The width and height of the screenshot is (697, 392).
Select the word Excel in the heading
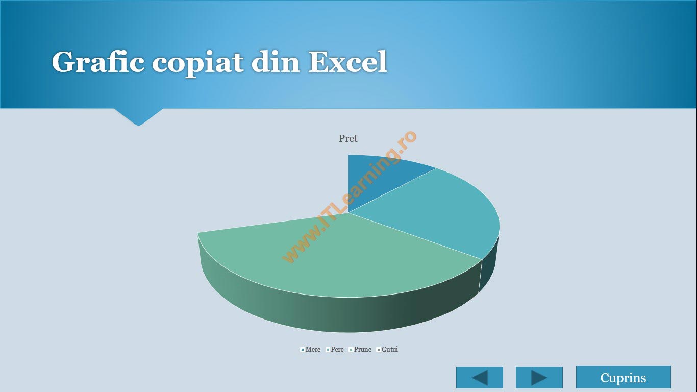pyautogui.click(x=348, y=62)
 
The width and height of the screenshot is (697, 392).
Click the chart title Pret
pyautogui.click(x=348, y=138)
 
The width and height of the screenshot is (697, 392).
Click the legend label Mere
pyautogui.click(x=313, y=349)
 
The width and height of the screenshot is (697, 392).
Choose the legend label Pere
pyautogui.click(x=337, y=349)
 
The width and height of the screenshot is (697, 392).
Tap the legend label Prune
pyautogui.click(x=362, y=349)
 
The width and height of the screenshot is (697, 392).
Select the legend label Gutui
pyautogui.click(x=389, y=349)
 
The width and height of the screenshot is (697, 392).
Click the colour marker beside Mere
pyautogui.click(x=303, y=350)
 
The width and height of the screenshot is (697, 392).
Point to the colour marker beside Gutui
pyautogui.click(x=379, y=350)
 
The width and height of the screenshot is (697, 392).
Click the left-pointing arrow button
pyautogui.click(x=480, y=378)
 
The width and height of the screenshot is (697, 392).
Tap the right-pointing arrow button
pyautogui.click(x=539, y=378)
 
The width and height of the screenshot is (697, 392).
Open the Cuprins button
pyautogui.click(x=623, y=377)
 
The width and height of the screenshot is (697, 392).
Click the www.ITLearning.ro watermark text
pyautogui.click(x=349, y=197)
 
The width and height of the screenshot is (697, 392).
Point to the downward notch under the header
pyautogui.click(x=138, y=117)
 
